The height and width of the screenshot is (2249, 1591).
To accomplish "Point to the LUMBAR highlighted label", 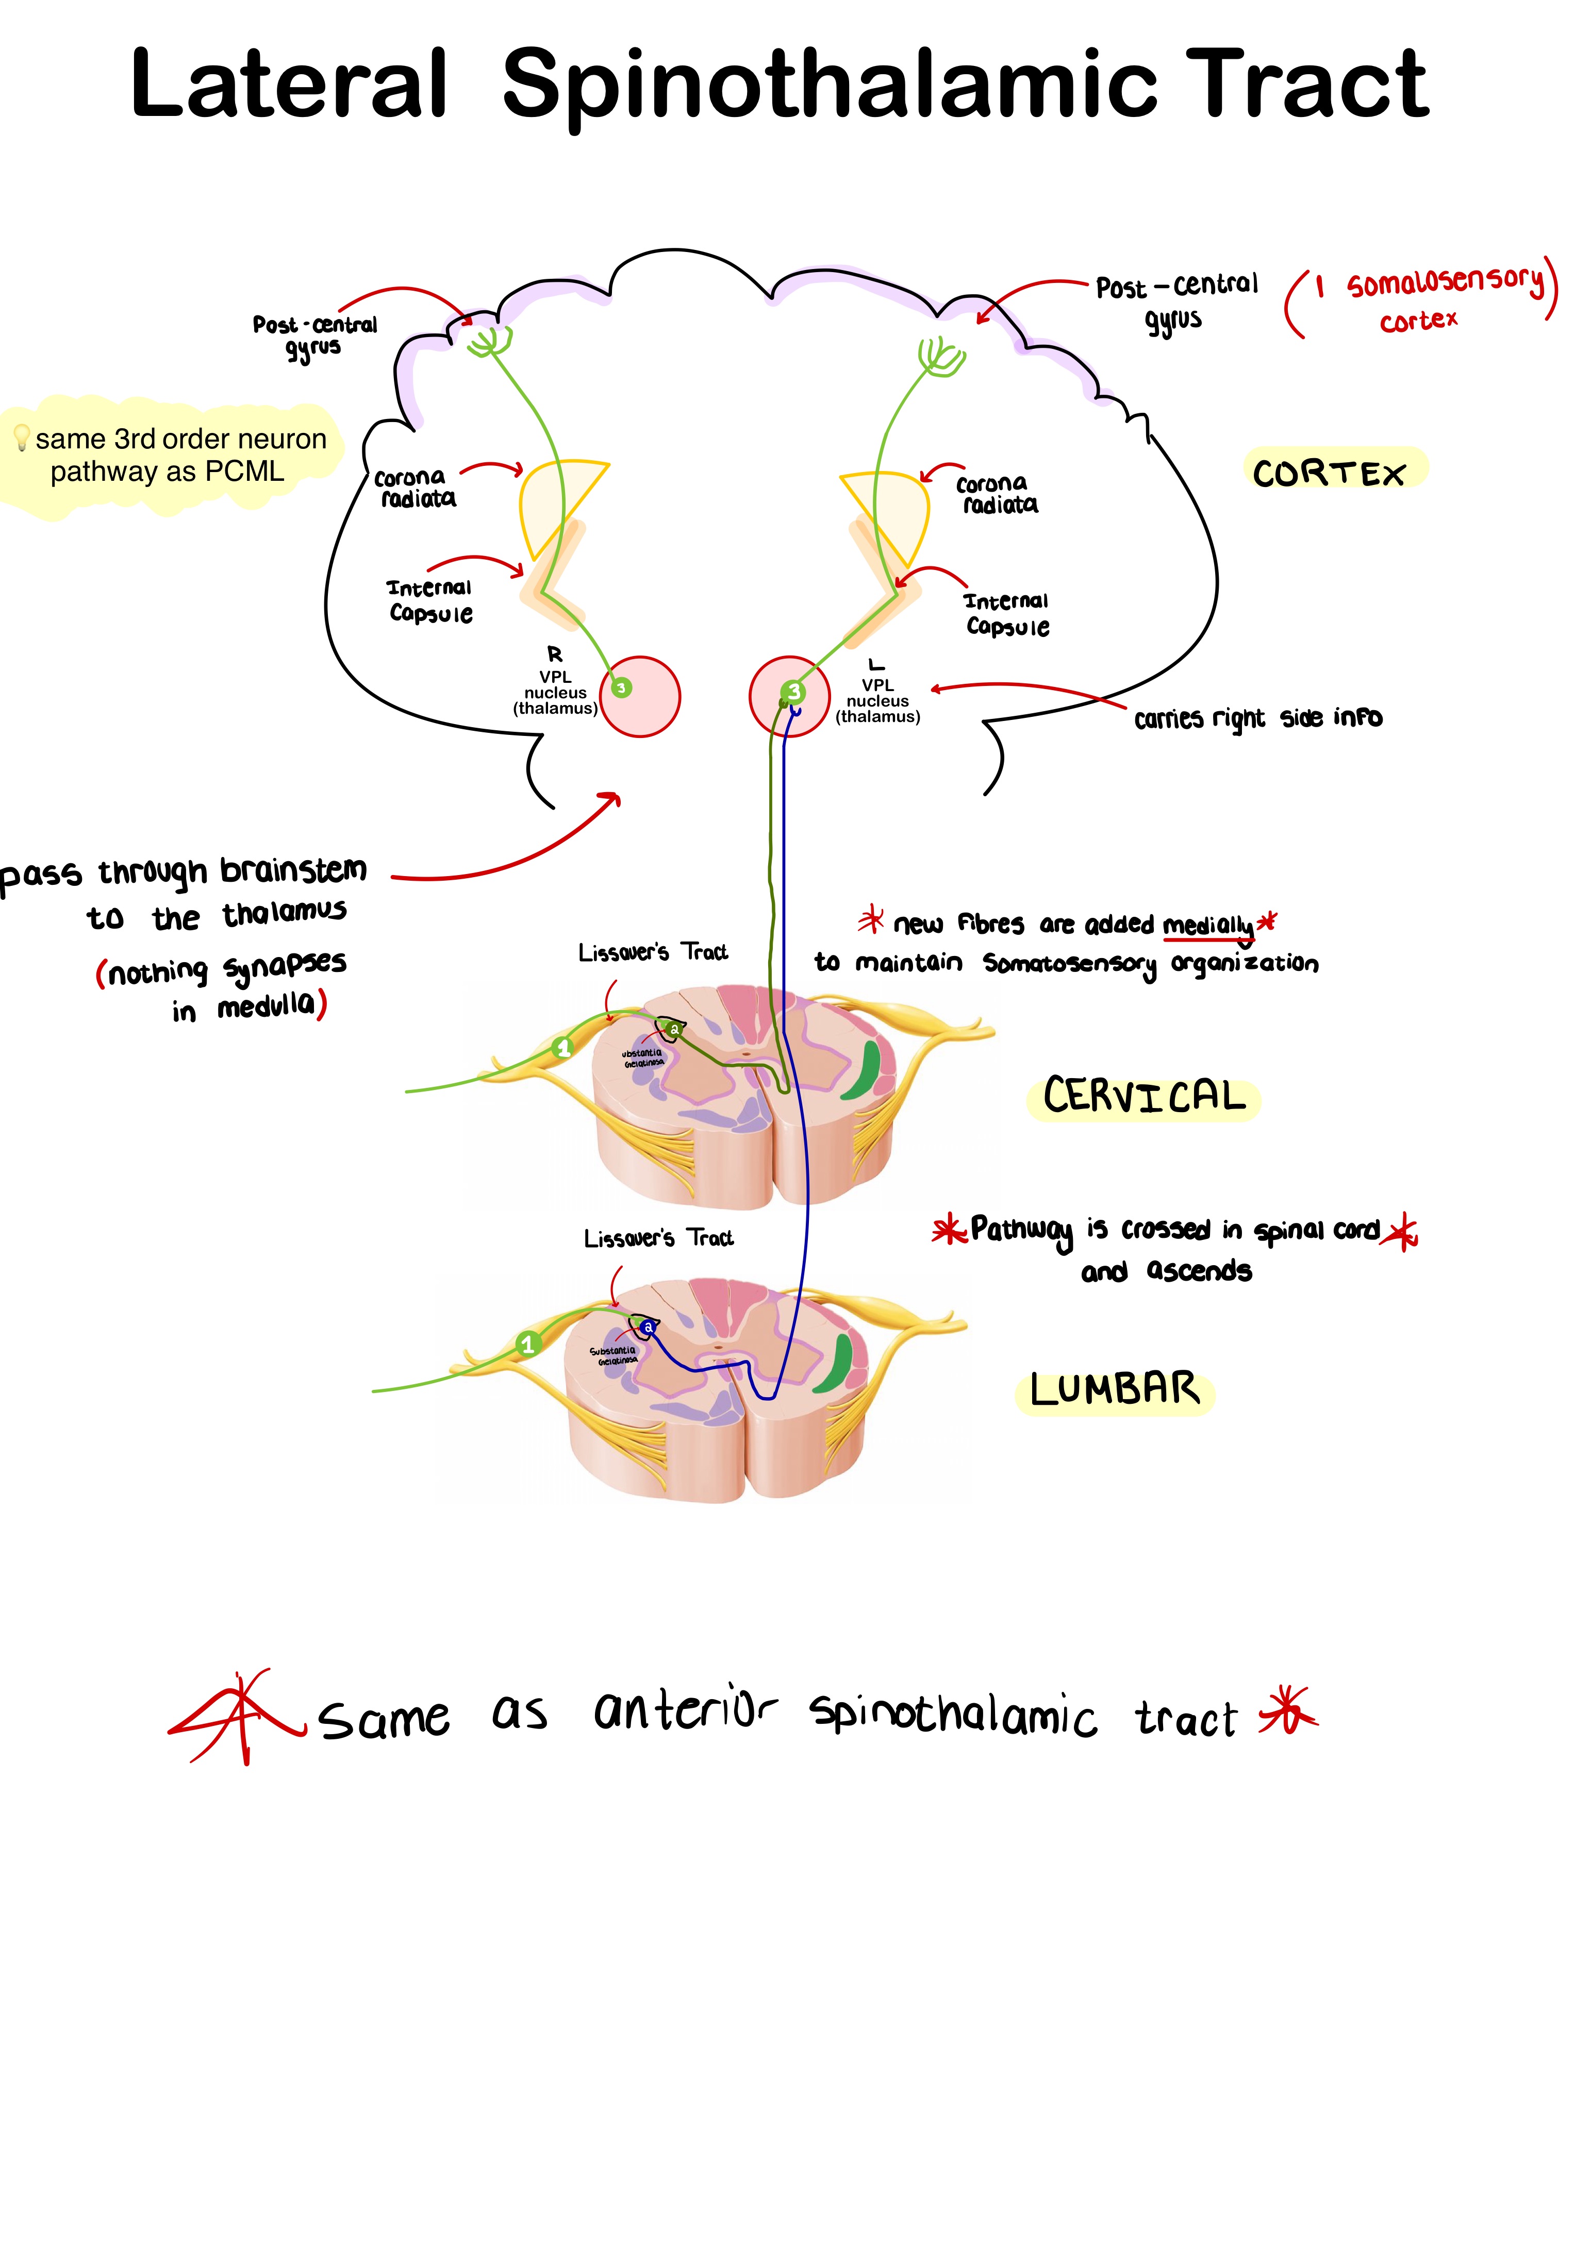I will click(1114, 1390).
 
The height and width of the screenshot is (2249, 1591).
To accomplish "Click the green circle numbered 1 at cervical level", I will click(562, 1048).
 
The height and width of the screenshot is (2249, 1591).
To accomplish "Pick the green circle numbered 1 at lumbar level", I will click(528, 1344).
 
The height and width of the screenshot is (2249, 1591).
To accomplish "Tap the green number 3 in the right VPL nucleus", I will click(621, 687).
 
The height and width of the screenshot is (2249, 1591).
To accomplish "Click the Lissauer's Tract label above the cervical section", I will click(653, 952).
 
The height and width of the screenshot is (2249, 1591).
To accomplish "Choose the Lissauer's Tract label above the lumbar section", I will click(658, 1238).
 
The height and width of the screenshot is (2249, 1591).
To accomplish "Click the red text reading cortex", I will click(1418, 321).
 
